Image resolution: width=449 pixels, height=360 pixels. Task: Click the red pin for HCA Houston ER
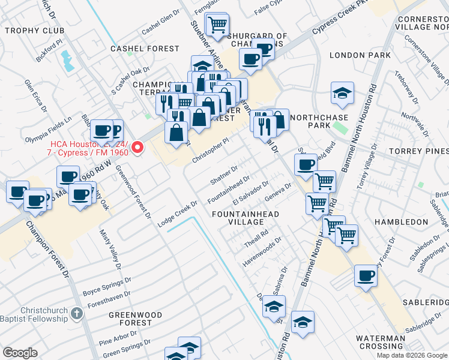[137, 147]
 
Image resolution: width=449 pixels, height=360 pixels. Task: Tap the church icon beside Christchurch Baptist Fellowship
[76, 313]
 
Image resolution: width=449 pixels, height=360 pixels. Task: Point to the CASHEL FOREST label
[145, 49]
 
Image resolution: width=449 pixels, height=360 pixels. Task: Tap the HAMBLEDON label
[401, 222]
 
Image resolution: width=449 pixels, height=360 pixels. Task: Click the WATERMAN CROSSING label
[381, 343]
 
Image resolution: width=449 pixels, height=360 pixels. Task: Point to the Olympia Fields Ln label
[48, 130]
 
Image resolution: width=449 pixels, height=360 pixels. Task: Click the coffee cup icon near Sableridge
[366, 277]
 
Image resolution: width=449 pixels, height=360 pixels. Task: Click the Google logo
[20, 353]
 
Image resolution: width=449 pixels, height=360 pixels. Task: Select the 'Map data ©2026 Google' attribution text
[412, 355]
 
